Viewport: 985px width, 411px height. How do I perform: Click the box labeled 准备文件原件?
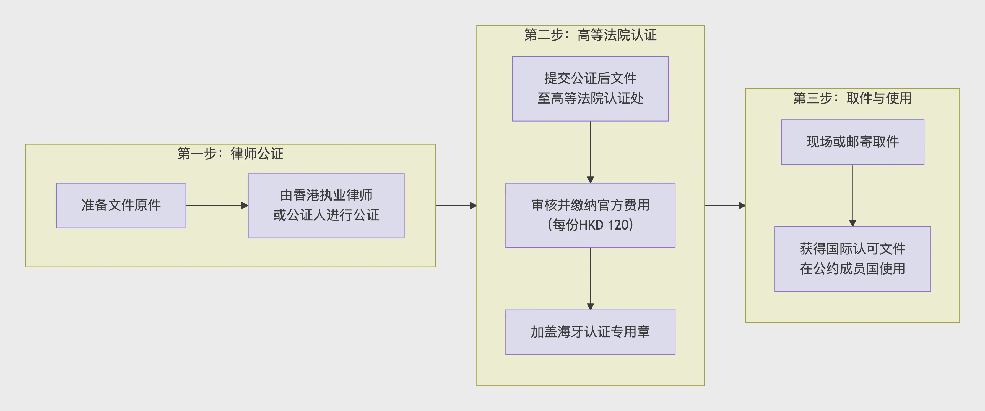click(121, 205)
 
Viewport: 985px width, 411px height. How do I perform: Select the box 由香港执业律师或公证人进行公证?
click(326, 205)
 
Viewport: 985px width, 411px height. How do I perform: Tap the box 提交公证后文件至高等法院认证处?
click(590, 89)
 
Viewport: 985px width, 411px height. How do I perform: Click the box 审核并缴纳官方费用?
click(590, 215)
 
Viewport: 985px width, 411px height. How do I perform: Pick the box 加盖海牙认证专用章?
click(590, 332)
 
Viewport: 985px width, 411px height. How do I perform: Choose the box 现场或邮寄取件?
click(852, 142)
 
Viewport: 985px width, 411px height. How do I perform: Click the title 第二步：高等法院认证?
click(590, 35)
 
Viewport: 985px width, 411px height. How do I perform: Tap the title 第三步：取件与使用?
click(852, 98)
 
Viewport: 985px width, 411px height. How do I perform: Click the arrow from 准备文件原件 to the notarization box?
click(216, 205)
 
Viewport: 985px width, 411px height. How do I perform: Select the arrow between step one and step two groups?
click(456, 205)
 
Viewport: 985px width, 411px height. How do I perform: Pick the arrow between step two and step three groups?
click(725, 205)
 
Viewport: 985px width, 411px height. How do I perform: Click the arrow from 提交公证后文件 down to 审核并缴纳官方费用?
click(590, 152)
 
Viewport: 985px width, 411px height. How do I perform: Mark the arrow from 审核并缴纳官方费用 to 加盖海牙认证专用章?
click(590, 279)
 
